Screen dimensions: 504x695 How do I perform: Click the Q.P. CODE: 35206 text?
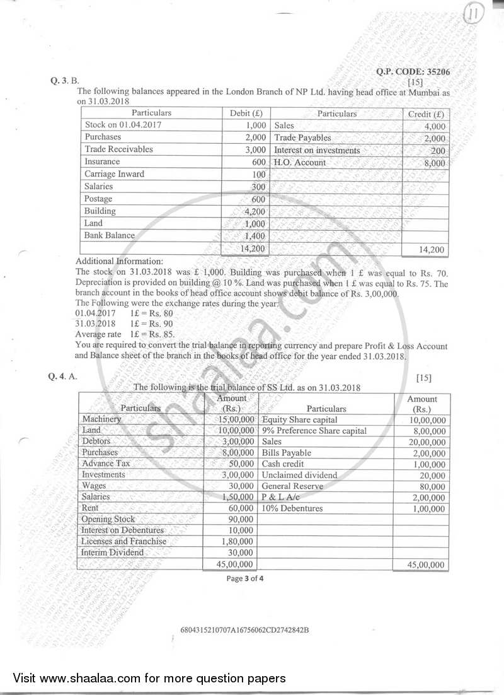click(x=413, y=72)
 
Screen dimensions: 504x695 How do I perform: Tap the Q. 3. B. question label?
click(x=65, y=81)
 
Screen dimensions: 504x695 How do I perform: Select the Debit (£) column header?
click(x=246, y=114)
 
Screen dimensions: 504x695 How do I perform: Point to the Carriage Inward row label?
click(x=114, y=174)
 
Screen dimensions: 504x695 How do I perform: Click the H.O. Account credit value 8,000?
click(x=434, y=163)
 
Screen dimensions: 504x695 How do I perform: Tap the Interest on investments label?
click(x=317, y=150)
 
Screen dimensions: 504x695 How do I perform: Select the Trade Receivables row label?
click(x=118, y=149)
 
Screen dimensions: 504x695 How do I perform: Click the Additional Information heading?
click(x=118, y=261)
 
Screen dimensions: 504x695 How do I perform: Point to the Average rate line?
click(x=125, y=334)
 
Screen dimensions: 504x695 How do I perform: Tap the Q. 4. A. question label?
click(x=65, y=377)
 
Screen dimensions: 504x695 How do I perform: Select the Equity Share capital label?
click(x=299, y=420)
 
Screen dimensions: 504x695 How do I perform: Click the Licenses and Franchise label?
click(x=124, y=541)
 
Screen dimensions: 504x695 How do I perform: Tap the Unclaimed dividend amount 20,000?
click(x=432, y=475)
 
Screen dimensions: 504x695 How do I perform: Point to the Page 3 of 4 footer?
click(x=245, y=580)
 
